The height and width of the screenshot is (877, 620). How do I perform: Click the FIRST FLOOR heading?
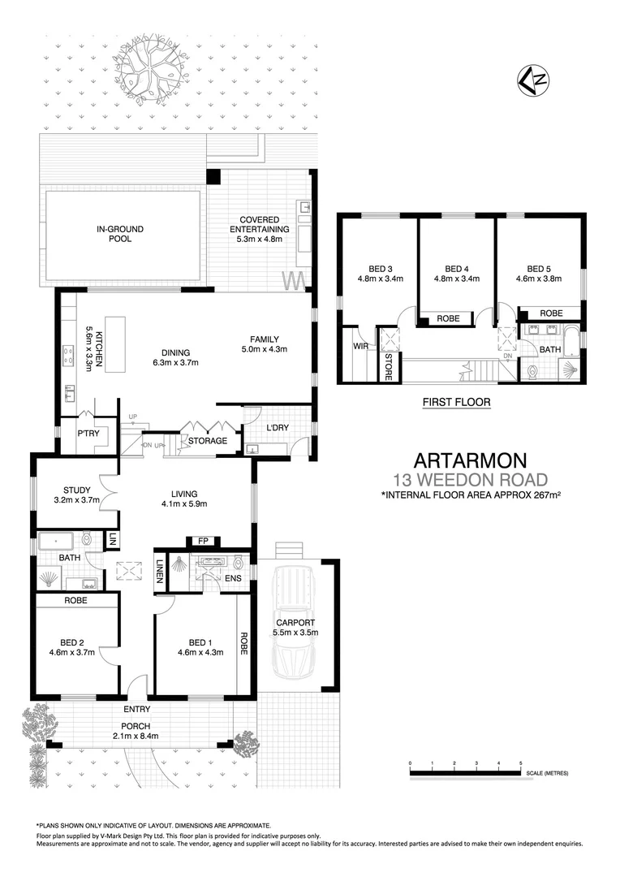456,401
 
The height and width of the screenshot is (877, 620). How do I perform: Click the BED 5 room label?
539,269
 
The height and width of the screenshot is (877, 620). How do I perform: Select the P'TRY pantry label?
87,434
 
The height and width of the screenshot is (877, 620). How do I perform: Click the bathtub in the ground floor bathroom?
56,538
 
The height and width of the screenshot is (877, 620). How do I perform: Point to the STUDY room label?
76,490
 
